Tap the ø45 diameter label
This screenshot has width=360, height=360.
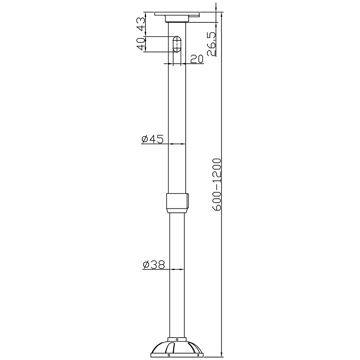(x=153, y=139)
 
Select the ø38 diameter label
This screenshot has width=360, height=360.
(x=154, y=265)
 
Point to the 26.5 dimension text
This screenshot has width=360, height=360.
(x=211, y=44)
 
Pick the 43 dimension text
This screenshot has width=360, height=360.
(x=140, y=23)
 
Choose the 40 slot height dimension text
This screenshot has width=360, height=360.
(x=140, y=44)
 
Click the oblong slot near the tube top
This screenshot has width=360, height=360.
(x=177, y=44)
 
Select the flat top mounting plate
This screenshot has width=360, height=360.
(x=177, y=14)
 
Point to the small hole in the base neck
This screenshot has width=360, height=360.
(x=177, y=339)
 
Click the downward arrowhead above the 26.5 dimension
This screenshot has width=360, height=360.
(x=216, y=9)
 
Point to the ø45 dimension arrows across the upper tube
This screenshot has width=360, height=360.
(x=177, y=144)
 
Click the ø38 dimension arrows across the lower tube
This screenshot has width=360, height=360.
(x=177, y=269)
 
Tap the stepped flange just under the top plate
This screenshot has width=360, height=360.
(x=177, y=19)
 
